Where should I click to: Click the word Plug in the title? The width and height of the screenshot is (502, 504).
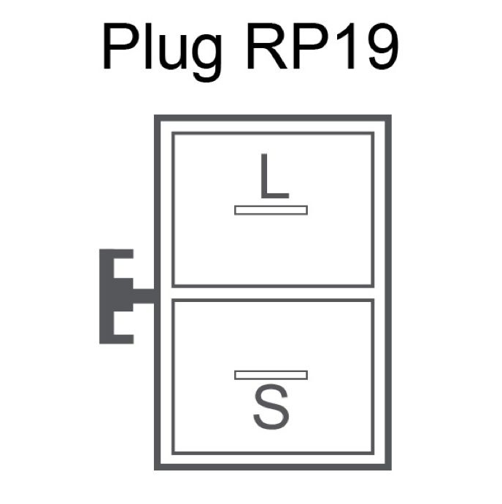pyautogui.click(x=163, y=50)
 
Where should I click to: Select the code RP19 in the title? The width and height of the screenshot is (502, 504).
pyautogui.click(x=323, y=46)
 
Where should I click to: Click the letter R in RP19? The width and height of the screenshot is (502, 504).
pyautogui.click(x=266, y=46)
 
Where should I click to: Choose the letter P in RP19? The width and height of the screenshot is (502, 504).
pyautogui.click(x=311, y=46)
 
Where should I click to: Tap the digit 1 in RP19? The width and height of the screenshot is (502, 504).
pyautogui.click(x=347, y=46)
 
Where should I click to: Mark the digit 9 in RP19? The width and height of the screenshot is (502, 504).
pyautogui.click(x=383, y=46)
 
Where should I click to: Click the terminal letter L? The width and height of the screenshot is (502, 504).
pyautogui.click(x=274, y=176)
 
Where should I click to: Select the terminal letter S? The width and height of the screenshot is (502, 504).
pyautogui.click(x=271, y=407)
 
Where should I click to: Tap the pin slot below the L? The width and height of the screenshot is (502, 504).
pyautogui.click(x=271, y=210)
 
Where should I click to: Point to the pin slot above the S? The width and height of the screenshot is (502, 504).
pyautogui.click(x=271, y=375)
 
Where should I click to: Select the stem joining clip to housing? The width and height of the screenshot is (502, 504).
pyautogui.click(x=144, y=296)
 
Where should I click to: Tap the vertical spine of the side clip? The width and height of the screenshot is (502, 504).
pyautogui.click(x=107, y=296)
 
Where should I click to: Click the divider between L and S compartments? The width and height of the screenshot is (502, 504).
pyautogui.click(x=273, y=292)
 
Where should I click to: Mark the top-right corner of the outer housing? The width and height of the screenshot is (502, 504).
pyautogui.click(x=391, y=115)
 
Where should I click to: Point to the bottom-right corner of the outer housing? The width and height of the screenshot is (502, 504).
pyautogui.click(x=391, y=470)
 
